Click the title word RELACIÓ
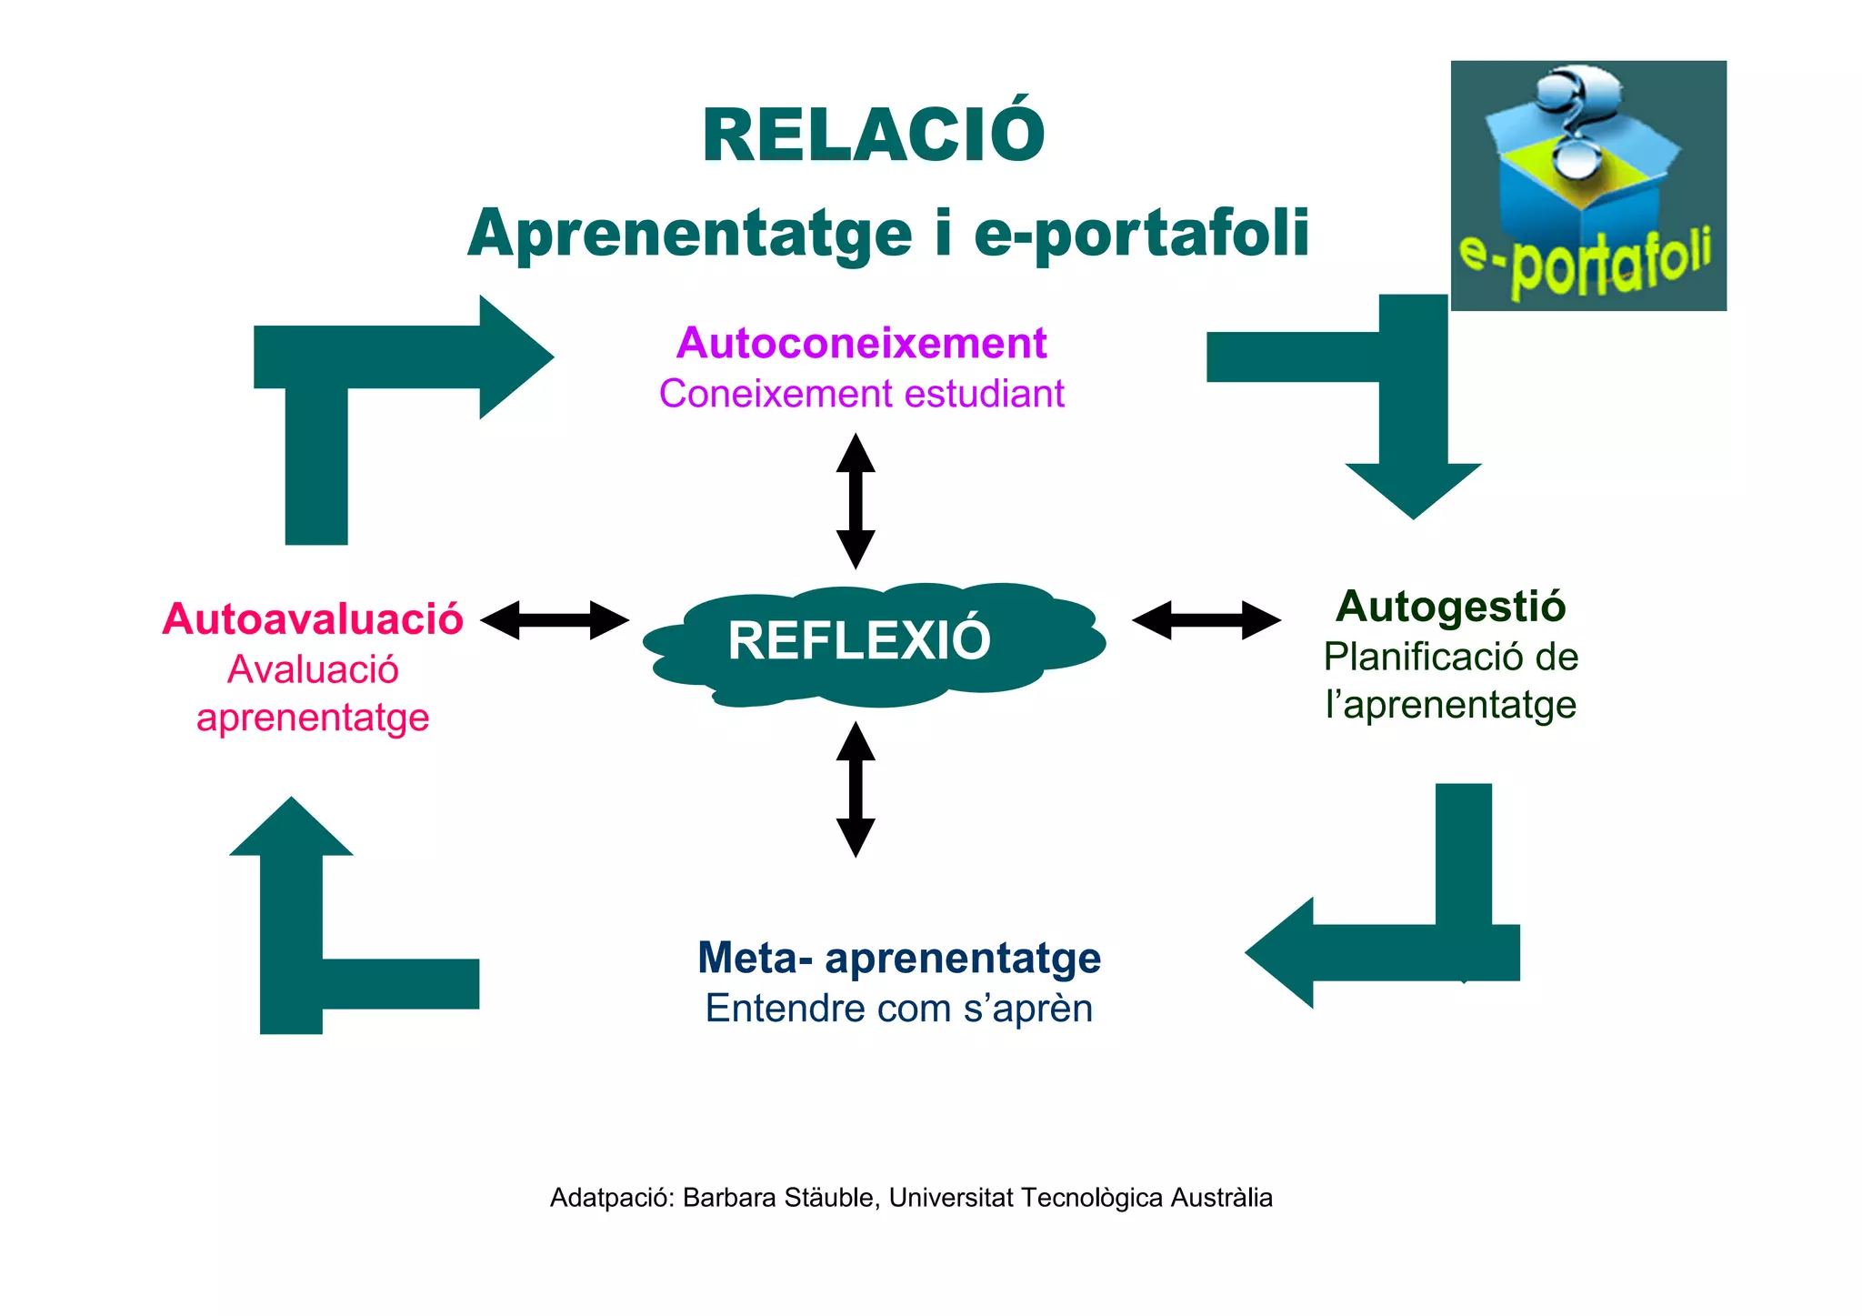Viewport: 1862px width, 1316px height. (x=873, y=136)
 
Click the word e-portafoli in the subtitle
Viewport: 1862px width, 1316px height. (x=1141, y=234)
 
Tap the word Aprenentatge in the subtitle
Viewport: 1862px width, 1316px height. (x=689, y=234)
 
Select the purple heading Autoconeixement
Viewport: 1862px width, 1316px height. (x=861, y=343)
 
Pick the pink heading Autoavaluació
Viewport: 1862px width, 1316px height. (x=313, y=619)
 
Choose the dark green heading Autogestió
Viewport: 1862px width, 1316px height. (x=1450, y=607)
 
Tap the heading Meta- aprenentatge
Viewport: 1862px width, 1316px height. (x=898, y=958)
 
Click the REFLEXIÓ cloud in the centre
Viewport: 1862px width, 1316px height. (x=859, y=641)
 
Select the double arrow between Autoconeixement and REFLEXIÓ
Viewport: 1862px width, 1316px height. (x=856, y=501)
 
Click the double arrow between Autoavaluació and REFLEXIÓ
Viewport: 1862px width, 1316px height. (x=554, y=620)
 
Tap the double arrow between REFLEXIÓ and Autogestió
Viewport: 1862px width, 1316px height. (x=1206, y=620)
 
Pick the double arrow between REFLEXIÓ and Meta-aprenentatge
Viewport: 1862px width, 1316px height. (x=856, y=789)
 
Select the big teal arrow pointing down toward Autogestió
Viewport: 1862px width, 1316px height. (x=1412, y=409)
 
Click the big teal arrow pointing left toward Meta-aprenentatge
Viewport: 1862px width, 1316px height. (x=1382, y=952)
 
